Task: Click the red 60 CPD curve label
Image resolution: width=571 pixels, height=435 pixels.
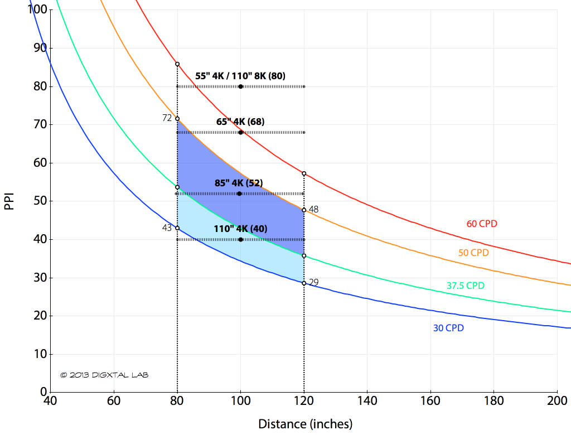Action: [482, 224]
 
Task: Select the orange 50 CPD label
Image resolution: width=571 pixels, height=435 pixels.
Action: [473, 253]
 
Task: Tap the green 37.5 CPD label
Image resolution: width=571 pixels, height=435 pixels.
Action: [466, 286]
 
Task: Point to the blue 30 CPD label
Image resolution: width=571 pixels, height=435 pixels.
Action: [448, 328]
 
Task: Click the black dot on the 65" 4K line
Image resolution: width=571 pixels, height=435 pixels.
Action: [240, 132]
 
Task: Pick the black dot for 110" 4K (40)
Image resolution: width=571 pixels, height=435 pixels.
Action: [240, 239]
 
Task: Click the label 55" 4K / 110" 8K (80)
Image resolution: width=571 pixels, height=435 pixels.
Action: [240, 76]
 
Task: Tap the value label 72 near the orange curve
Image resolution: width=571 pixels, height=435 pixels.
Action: [167, 118]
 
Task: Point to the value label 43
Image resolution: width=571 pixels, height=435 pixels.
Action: [167, 228]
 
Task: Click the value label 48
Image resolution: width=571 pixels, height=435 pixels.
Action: [313, 209]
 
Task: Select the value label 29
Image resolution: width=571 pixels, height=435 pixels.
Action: [313, 282]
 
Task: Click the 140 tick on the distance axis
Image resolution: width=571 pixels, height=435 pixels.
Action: [367, 402]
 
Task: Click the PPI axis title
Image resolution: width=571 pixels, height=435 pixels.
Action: [9, 201]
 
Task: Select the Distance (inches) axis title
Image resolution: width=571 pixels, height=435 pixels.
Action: [305, 424]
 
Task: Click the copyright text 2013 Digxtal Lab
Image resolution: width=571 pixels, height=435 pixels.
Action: [104, 375]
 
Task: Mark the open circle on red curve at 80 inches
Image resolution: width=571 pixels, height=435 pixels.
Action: [177, 64]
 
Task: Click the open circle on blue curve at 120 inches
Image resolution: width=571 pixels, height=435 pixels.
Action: [304, 283]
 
